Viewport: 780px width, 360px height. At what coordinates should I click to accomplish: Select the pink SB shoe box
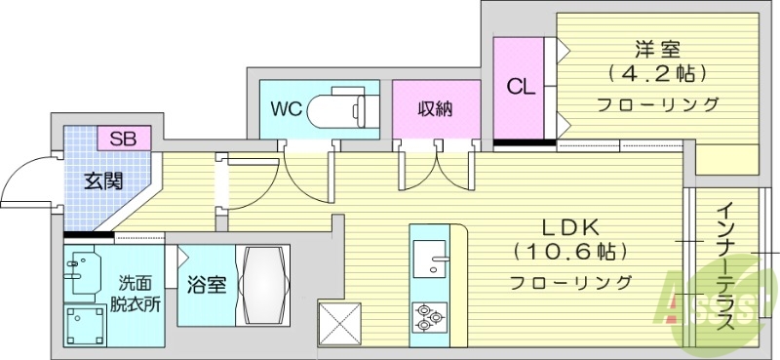click(x=124, y=138)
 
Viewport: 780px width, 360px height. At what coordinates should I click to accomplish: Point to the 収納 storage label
click(x=436, y=108)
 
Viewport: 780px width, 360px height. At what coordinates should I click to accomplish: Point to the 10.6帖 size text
click(x=569, y=252)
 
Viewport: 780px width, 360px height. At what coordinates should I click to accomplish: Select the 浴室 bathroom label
click(x=207, y=285)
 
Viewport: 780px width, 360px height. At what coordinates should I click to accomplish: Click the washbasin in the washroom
click(x=86, y=267)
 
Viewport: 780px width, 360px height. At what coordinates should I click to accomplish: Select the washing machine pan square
click(x=86, y=324)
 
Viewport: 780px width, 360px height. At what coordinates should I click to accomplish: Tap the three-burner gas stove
click(x=430, y=315)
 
